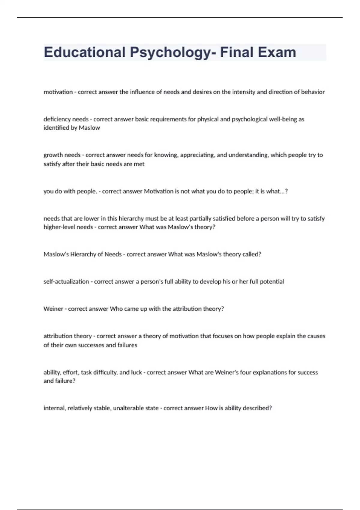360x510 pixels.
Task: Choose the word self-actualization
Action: tap(66, 282)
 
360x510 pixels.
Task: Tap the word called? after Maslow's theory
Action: tap(252, 254)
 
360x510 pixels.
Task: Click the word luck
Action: tap(136, 373)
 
